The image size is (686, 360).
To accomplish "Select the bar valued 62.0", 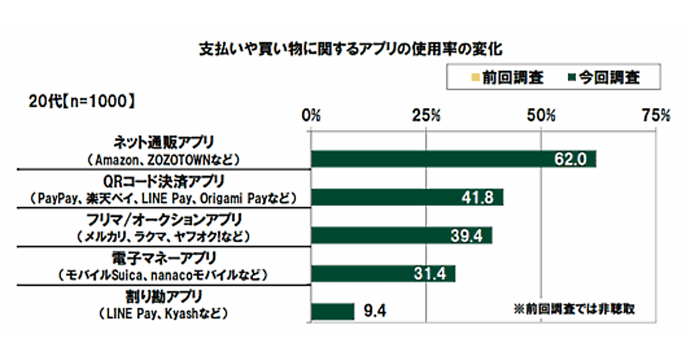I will [x=453, y=159].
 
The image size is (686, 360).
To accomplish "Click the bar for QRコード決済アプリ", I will [x=407, y=197].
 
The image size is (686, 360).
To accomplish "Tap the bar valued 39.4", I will [x=401, y=235].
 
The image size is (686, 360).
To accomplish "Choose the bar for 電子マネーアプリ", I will [x=383, y=274].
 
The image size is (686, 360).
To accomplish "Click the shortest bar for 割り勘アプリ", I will [x=333, y=311].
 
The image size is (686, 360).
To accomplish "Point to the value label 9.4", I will [x=375, y=311].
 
